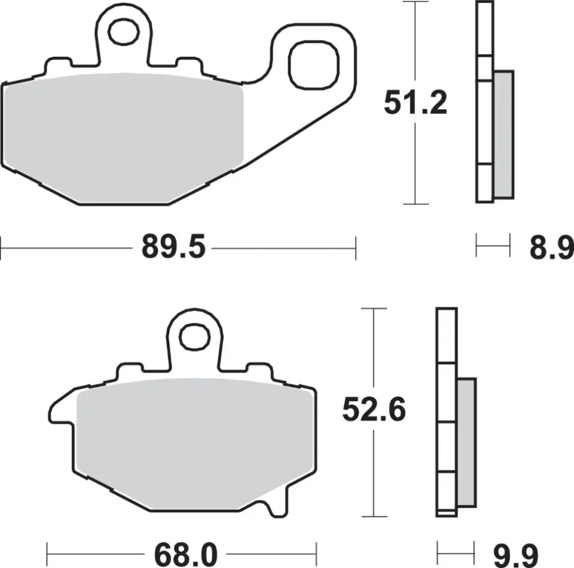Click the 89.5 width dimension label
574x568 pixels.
[x=172, y=248]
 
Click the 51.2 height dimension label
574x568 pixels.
[x=415, y=103]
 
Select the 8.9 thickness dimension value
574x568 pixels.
[x=551, y=248]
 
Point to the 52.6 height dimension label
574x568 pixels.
[x=373, y=410]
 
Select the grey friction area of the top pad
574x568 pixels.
[x=122, y=136]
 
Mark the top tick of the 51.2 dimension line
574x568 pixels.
[x=415, y=3]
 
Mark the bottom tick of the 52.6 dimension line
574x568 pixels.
[x=373, y=516]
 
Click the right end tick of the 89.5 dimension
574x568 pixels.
[x=356, y=248]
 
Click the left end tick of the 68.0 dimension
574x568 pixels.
[x=48, y=551]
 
